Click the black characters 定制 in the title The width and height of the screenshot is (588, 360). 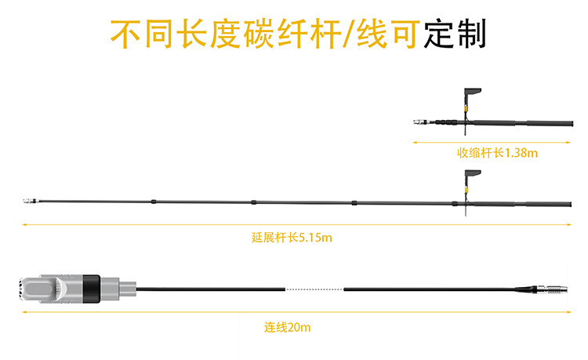(455, 34)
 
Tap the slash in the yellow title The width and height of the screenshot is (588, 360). (349, 35)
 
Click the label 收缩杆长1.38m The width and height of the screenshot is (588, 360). (497, 153)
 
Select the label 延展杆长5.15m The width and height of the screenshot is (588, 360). (292, 238)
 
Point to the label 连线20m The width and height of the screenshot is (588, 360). (287, 327)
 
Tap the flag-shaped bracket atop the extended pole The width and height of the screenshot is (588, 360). (473, 174)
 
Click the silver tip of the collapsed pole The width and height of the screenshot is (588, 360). (420, 122)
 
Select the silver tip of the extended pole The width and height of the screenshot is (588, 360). (30, 201)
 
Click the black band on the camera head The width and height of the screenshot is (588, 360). (91, 289)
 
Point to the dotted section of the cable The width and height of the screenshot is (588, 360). (314, 289)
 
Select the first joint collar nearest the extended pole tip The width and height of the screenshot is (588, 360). (154, 202)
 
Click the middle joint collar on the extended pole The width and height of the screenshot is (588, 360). (253, 202)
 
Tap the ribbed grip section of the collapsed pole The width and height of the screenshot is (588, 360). (446, 122)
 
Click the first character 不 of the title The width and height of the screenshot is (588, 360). (125, 35)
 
